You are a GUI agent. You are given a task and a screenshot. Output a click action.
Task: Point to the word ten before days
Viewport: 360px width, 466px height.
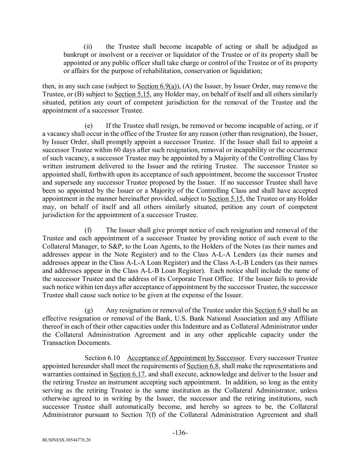tap(91, 287)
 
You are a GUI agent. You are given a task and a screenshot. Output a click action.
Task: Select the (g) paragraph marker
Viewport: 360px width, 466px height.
tap(89, 310)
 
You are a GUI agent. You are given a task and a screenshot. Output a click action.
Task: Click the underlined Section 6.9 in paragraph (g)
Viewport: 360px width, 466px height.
tap(270, 310)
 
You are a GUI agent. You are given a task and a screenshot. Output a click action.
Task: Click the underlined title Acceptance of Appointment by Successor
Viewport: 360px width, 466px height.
tap(186, 358)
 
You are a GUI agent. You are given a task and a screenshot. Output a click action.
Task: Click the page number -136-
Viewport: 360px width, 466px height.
tap(180, 433)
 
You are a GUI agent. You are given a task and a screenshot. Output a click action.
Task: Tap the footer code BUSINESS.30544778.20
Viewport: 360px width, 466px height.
tap(67, 440)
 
